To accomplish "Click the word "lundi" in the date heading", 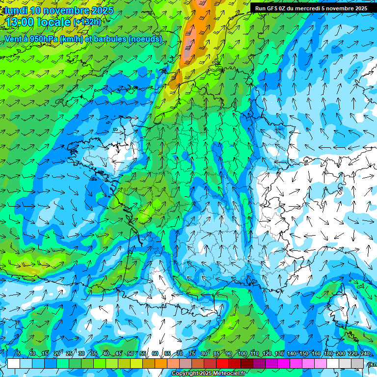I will [x=16, y=10].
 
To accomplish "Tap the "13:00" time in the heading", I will [x=20, y=22].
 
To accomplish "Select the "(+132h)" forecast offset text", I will [x=87, y=22].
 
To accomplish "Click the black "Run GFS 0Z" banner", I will [x=311, y=8].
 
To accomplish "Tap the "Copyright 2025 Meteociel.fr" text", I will [x=208, y=374].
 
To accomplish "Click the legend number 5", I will [x=18, y=353].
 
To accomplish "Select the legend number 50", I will [x=130, y=353].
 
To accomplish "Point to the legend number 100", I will [x=242, y=353].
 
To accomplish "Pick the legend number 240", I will [x=365, y=353].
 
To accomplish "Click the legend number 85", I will [x=216, y=353].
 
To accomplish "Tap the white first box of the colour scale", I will [x=14, y=363].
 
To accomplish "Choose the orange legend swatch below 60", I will [x=161, y=363].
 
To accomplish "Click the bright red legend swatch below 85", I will [x=222, y=363].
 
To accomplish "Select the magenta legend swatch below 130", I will [x=284, y=363].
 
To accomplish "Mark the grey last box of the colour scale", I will [x=357, y=363].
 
